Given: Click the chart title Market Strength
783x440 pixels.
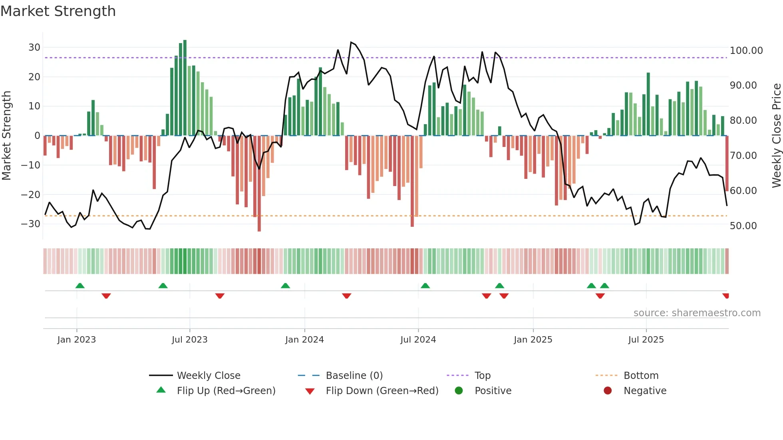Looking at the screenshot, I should coord(58,11).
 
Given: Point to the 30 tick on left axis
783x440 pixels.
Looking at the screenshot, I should coord(34,48).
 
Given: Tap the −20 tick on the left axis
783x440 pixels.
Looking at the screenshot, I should coord(31,195).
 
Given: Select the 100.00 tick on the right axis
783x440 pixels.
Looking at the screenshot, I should coord(746,51).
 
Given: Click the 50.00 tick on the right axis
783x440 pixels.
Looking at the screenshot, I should coord(743,226).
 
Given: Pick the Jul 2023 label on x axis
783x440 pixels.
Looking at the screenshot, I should coord(189,340).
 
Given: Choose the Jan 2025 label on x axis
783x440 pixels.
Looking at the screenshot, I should coord(533,340).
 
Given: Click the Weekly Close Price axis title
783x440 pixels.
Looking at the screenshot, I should coord(776,136).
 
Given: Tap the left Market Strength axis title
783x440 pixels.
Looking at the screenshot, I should coord(6,136).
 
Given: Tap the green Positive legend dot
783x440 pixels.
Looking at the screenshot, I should coord(459,391).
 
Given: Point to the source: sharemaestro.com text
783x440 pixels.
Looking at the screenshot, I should coord(697,313).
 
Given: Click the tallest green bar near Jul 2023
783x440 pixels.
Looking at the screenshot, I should coord(185,88).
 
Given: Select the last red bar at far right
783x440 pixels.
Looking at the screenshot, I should coord(727,164).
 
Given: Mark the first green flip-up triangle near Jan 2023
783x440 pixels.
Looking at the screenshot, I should coord(80,285).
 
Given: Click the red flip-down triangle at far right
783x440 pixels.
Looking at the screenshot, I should coord(726,296).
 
